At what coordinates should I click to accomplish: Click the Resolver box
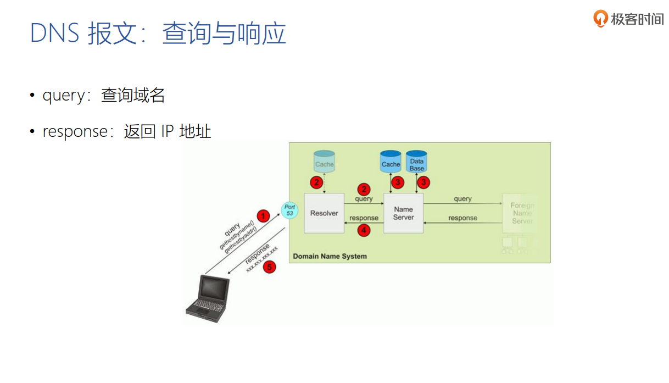324,213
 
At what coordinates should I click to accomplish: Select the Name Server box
403,213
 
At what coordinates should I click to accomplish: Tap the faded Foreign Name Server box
521,213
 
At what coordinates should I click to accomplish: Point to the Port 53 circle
289,209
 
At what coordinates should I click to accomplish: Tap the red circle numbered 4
364,230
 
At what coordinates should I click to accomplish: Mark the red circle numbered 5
269,267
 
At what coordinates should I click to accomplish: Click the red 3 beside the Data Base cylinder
423,182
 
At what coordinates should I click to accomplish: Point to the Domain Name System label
330,256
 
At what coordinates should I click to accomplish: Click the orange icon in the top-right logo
601,19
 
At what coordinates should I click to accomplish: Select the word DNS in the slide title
54,34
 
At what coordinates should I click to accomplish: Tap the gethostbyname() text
236,236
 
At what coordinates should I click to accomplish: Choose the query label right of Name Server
462,199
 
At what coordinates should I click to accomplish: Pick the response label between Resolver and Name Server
364,218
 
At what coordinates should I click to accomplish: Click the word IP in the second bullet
167,132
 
